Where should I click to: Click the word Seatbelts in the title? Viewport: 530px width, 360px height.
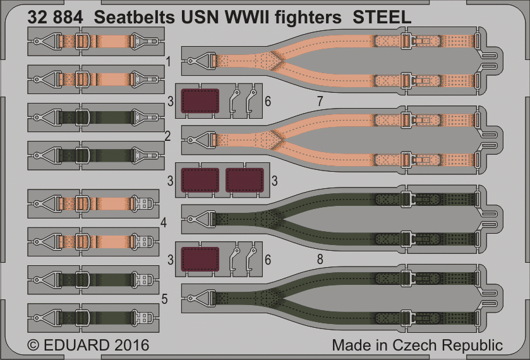click(x=135, y=18)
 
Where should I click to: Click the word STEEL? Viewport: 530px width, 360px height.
click(x=382, y=18)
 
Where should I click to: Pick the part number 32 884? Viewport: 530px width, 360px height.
click(x=55, y=18)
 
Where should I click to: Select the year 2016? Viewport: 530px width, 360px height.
click(x=132, y=345)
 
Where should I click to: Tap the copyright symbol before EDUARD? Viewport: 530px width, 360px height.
click(x=33, y=345)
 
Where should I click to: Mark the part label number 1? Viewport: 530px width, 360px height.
click(x=168, y=62)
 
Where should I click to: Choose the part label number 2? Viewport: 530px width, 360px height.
click(x=167, y=136)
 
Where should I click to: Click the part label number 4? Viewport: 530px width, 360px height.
click(x=164, y=223)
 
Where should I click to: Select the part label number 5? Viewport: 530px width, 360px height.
click(x=164, y=299)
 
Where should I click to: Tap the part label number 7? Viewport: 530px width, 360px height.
click(x=320, y=100)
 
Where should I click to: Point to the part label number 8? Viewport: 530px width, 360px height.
click(x=320, y=260)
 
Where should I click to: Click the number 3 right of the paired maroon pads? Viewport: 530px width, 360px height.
click(x=274, y=181)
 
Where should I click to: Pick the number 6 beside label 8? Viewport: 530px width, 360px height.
click(x=268, y=260)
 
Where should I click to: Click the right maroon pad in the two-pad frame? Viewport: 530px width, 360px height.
click(x=244, y=180)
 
